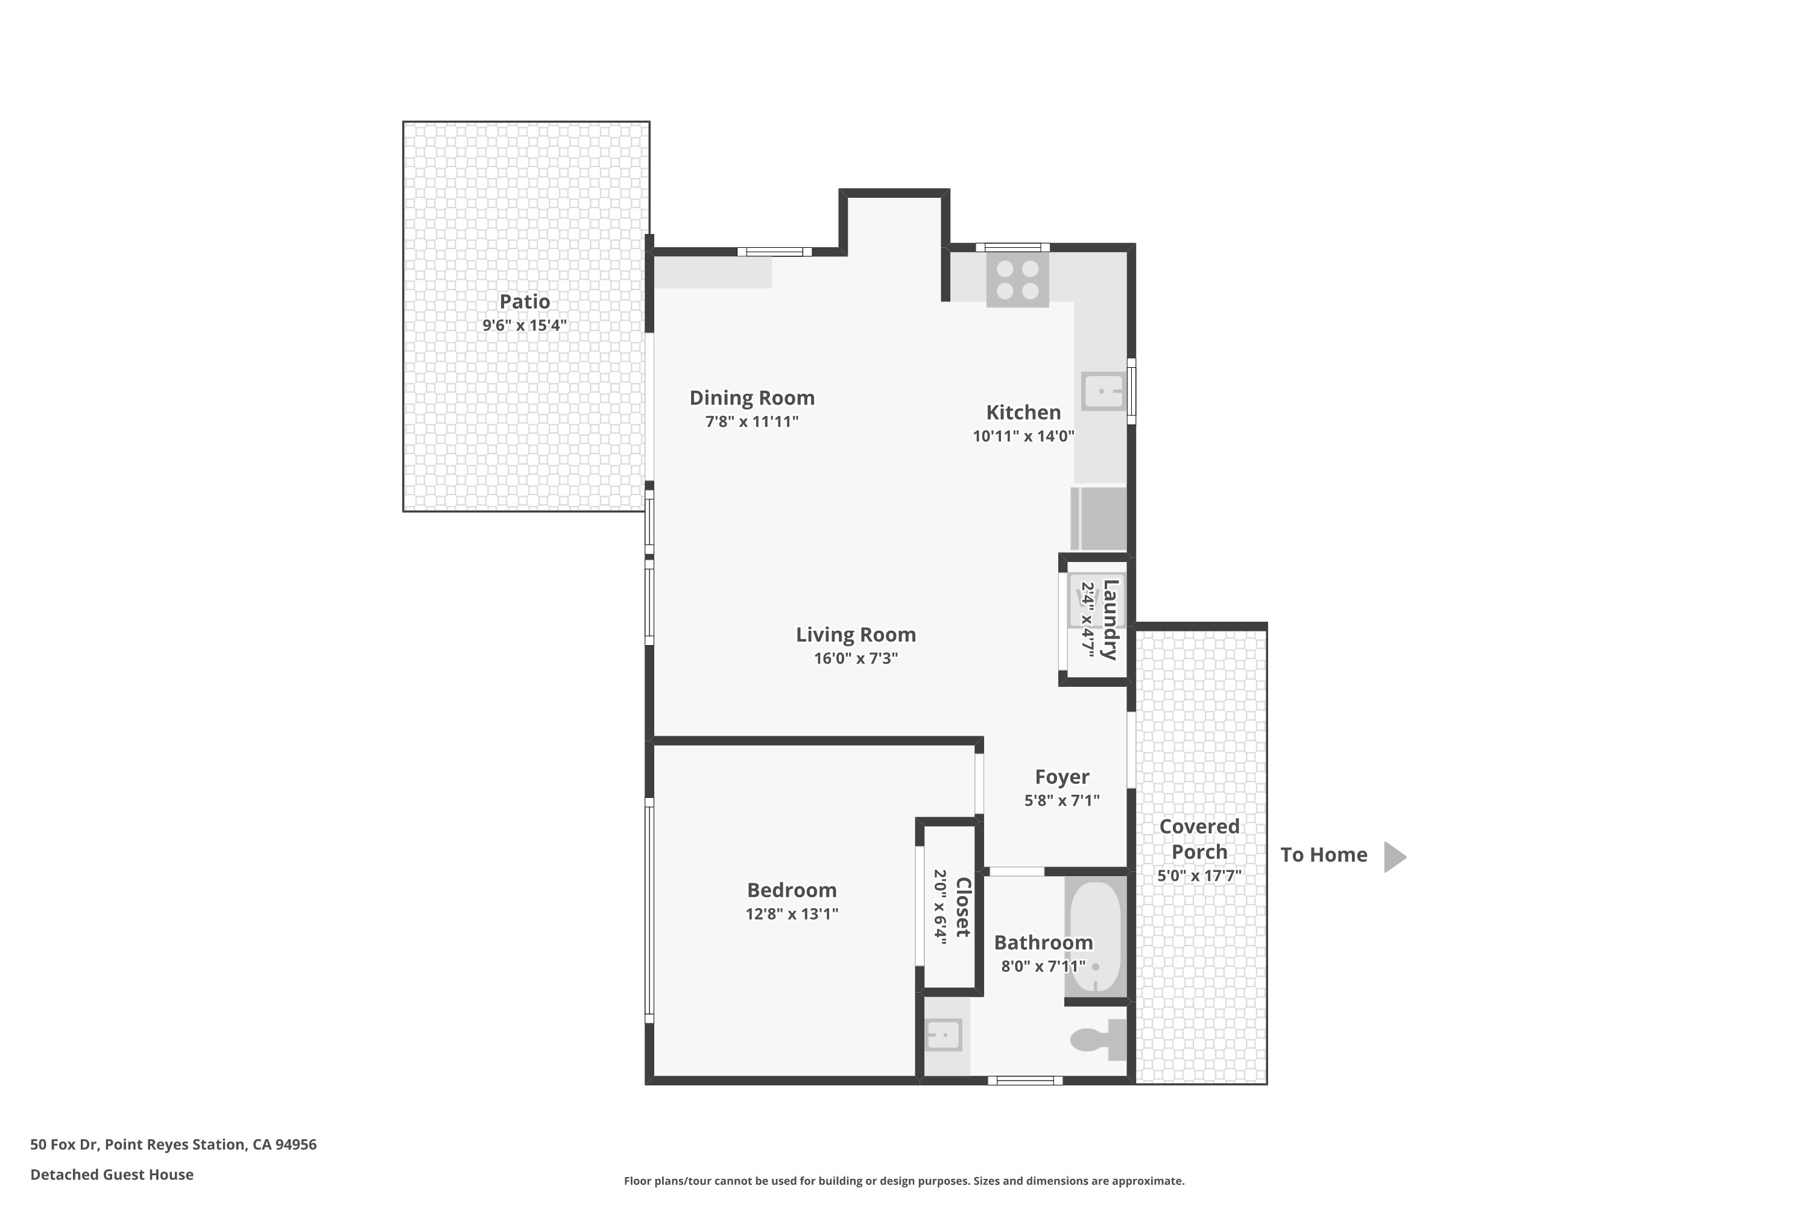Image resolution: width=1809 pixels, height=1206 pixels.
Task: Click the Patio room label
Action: (525, 301)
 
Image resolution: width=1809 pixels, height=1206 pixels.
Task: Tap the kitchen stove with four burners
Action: (1018, 280)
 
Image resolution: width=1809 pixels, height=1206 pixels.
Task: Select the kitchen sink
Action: (1103, 391)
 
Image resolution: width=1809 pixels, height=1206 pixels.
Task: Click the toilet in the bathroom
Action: (1098, 1040)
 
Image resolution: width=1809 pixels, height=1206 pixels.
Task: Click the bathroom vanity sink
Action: (943, 1035)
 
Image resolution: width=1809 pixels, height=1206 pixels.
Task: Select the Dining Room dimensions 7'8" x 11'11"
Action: (752, 421)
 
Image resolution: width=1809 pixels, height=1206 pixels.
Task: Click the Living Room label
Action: (856, 634)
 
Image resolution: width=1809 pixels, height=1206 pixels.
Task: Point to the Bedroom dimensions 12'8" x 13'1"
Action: (792, 914)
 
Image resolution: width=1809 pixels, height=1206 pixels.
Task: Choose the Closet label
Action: (963, 908)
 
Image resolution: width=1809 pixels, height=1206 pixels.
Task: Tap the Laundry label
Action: (1111, 620)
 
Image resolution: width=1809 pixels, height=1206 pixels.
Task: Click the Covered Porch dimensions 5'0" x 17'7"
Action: (1200, 876)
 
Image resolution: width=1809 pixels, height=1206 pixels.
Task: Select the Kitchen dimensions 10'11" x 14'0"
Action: (1024, 436)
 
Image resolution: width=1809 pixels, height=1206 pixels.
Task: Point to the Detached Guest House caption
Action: (112, 1175)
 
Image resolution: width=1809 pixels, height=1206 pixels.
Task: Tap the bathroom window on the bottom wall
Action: (1025, 1081)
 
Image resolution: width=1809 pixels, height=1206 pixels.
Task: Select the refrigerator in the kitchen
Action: (1098, 519)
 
